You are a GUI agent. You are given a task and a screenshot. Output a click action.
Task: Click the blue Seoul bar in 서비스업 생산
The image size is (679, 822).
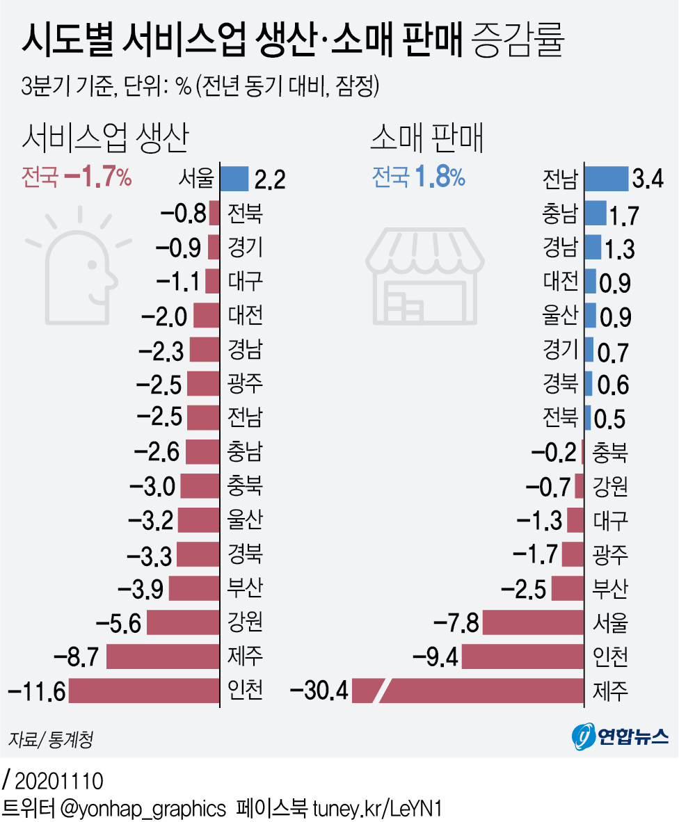234,179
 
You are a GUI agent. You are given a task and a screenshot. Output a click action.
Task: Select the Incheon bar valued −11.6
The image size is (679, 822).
144,691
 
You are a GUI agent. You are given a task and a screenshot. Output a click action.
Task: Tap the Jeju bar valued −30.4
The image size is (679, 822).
480,691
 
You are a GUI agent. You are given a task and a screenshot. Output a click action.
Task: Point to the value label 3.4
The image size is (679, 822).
647,180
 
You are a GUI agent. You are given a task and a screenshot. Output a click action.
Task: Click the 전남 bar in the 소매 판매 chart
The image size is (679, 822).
606,178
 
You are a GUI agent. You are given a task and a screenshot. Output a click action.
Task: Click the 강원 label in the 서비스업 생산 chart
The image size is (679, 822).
245,621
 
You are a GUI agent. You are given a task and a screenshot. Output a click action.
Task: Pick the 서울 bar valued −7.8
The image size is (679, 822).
533,622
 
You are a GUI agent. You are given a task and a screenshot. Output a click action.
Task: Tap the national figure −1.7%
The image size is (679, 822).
97,178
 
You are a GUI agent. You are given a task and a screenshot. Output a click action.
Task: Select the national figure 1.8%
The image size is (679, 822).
440,178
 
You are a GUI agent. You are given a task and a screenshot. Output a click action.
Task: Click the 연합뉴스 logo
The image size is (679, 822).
620,736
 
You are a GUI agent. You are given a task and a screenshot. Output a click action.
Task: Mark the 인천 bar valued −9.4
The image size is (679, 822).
522,656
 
